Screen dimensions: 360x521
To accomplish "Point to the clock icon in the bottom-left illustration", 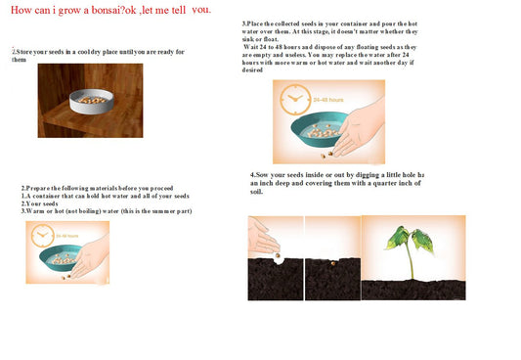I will click(x=42, y=236).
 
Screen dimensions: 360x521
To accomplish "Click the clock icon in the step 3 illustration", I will click(x=294, y=98).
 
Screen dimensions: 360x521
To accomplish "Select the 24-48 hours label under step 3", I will click(x=328, y=99).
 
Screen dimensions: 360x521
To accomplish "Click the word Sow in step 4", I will click(x=265, y=175).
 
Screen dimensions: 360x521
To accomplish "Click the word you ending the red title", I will click(x=201, y=9).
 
